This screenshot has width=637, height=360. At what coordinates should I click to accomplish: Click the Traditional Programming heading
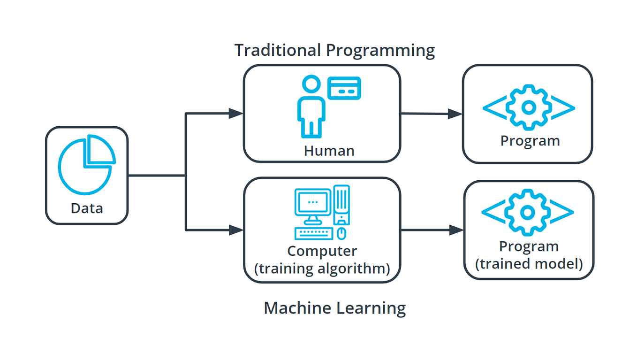tap(334, 50)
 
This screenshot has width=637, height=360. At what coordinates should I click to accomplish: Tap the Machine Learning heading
tap(334, 308)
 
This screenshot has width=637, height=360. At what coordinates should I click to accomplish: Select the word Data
tap(87, 208)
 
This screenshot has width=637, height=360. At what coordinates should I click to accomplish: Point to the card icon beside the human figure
tap(344, 88)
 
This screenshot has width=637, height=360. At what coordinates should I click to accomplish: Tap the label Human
tap(329, 151)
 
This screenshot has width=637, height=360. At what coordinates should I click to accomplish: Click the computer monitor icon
tap(313, 205)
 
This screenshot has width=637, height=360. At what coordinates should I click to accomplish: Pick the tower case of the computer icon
tap(342, 205)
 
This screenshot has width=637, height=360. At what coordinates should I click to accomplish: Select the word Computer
tap(322, 251)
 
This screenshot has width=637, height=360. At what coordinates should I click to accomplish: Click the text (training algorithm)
tap(322, 268)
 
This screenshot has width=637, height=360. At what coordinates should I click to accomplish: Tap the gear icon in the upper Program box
tap(529, 107)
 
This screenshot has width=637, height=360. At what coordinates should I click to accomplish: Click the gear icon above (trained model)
tap(528, 212)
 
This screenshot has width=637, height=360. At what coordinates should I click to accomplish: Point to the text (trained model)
tap(529, 264)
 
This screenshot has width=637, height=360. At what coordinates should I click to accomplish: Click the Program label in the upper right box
tap(530, 140)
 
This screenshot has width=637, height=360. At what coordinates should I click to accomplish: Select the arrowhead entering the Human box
tap(236, 113)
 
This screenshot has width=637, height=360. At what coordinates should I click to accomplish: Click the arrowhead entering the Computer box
tap(236, 230)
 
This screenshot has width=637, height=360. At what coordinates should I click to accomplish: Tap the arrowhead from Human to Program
tap(455, 114)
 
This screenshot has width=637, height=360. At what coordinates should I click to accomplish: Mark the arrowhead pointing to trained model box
tap(456, 230)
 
